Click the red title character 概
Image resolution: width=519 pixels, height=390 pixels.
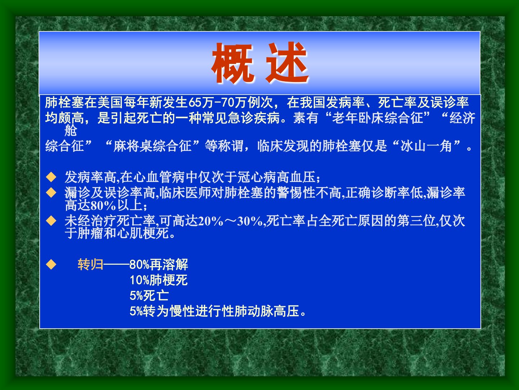[x=233, y=64]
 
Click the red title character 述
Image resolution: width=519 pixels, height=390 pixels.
[x=287, y=63]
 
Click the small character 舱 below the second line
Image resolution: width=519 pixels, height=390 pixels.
[x=70, y=130]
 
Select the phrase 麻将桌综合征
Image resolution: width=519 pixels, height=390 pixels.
[x=152, y=146]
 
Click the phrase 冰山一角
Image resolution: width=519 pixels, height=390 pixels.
[x=426, y=146]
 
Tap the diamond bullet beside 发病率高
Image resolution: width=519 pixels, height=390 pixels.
[x=51, y=177]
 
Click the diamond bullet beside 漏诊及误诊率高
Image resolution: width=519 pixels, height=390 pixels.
[x=51, y=192]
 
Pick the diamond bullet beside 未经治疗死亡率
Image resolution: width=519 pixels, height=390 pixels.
[x=51, y=221]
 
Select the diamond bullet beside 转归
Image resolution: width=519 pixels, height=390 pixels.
[x=51, y=264]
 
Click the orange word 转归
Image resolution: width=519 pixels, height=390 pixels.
[x=90, y=264]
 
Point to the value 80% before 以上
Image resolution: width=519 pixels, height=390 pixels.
[x=103, y=205]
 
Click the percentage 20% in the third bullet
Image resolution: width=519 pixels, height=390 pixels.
[x=211, y=221]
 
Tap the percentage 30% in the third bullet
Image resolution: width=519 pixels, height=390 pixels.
[x=250, y=221]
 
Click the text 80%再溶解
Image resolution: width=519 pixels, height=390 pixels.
[x=159, y=264]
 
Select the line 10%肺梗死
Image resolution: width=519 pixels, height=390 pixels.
[x=159, y=280]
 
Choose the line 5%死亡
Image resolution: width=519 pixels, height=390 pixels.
[x=149, y=295]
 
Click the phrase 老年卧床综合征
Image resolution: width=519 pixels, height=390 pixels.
[x=378, y=118]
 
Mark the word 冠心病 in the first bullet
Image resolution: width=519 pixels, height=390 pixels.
[x=257, y=177]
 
